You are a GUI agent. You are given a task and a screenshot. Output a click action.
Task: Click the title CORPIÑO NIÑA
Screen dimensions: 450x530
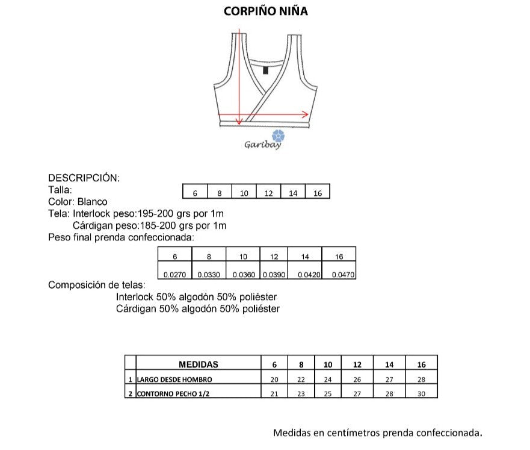[x=265, y=11]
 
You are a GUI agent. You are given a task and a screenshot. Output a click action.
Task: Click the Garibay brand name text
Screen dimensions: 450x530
[x=262, y=145]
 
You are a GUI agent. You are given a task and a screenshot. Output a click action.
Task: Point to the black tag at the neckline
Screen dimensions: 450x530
[x=265, y=70]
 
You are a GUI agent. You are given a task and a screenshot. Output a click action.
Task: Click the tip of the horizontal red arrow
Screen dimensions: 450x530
[x=308, y=114]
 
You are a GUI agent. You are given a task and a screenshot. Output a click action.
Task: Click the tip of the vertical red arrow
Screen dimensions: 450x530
[x=239, y=123]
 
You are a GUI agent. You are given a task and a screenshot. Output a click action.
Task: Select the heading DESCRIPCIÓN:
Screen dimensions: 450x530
[x=84, y=178]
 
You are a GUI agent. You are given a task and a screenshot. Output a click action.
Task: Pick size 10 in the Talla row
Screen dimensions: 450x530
[x=244, y=193]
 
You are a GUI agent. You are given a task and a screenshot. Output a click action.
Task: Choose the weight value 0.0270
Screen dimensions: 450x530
[x=174, y=275]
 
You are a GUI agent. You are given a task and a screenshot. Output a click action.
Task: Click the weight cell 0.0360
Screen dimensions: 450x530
[x=242, y=275]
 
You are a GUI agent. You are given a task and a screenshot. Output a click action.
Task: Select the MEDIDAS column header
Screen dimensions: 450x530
[x=199, y=364]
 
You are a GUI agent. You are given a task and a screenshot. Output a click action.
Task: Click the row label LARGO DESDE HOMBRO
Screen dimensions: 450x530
[x=174, y=380]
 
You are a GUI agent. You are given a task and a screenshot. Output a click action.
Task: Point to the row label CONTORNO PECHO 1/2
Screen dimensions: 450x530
[x=174, y=394]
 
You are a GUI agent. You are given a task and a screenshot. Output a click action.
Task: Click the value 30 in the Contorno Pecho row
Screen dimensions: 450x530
[x=421, y=394]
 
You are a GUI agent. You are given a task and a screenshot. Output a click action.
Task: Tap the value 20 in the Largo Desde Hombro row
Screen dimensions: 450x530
[x=275, y=380]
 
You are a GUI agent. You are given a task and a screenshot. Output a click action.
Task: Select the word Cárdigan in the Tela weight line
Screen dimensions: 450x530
[x=93, y=225]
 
